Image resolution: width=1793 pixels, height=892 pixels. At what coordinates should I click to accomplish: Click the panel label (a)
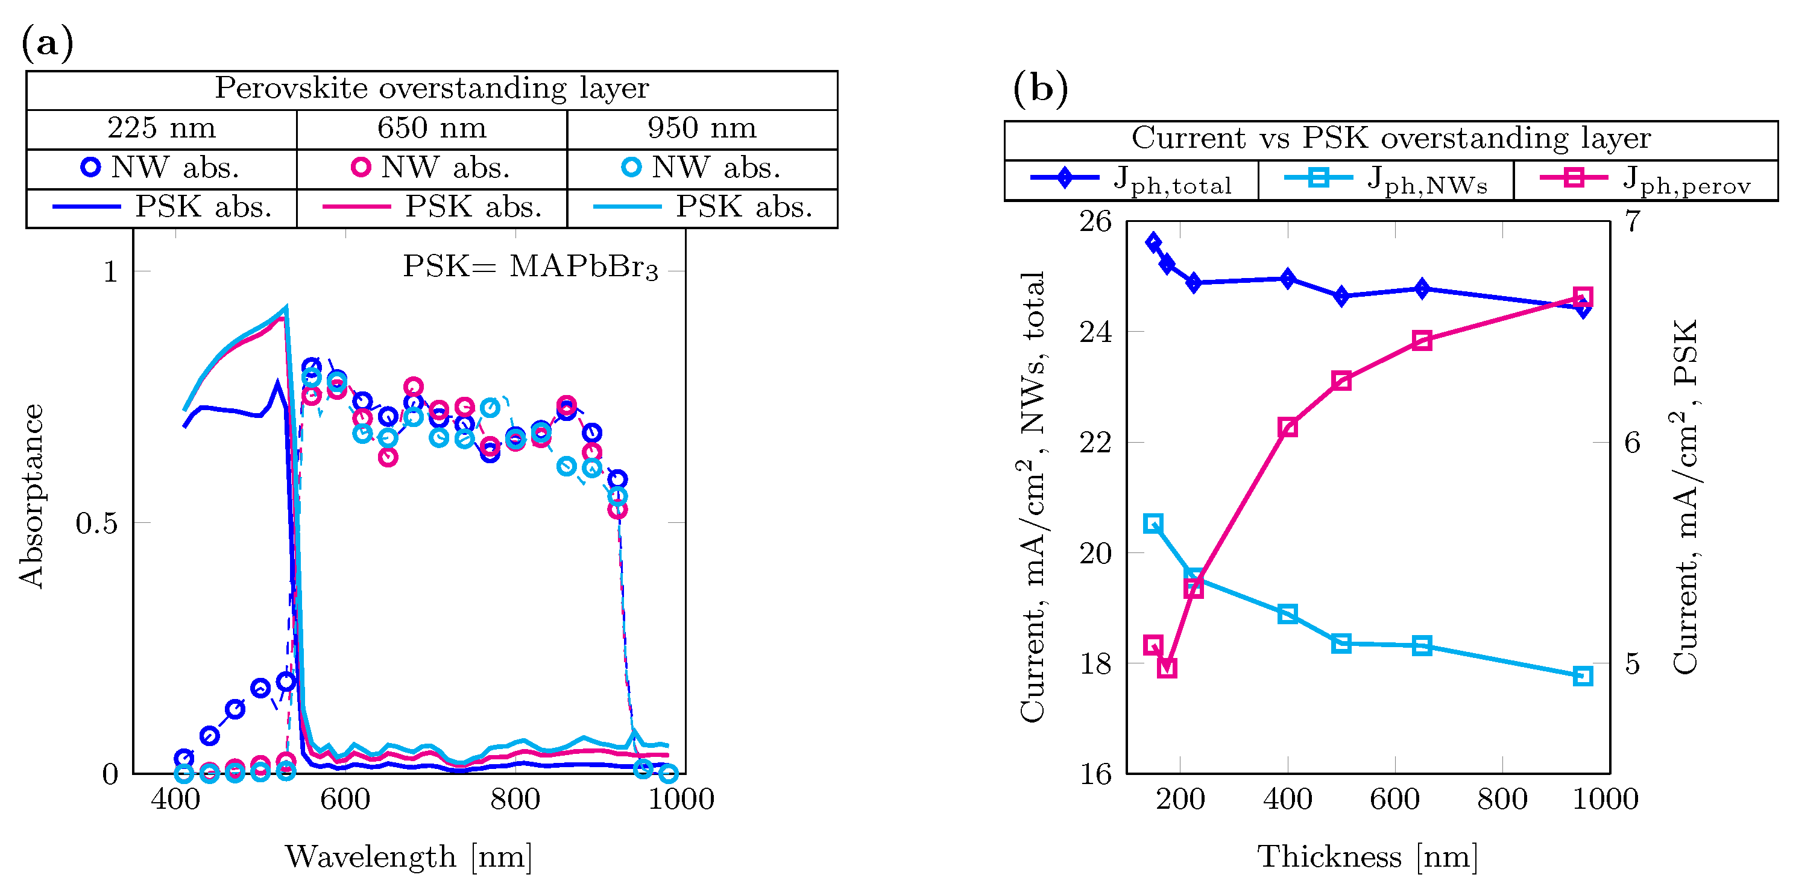click(x=48, y=43)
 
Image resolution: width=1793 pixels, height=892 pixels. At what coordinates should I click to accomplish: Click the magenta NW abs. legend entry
click(x=432, y=168)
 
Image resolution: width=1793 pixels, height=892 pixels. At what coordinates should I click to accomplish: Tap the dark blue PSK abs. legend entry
click(x=162, y=207)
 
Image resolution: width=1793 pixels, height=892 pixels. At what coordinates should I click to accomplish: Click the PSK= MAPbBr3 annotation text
click(x=531, y=267)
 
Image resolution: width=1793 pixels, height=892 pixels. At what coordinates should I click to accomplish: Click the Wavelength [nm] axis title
click(x=409, y=856)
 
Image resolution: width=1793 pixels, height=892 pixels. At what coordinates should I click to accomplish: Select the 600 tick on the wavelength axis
click(x=345, y=799)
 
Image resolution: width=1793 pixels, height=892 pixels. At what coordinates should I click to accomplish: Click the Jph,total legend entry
click(x=1131, y=180)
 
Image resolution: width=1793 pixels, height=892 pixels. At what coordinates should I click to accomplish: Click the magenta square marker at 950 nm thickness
click(x=1583, y=297)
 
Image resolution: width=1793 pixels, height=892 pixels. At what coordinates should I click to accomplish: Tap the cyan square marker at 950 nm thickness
click(x=1583, y=675)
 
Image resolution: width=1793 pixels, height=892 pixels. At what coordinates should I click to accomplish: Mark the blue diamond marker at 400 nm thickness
click(x=1288, y=279)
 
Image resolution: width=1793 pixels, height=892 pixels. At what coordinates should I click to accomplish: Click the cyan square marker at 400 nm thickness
click(x=1288, y=613)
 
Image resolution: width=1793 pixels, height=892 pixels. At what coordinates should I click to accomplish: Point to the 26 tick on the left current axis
click(x=1095, y=222)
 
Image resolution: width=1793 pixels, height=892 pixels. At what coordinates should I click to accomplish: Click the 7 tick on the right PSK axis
click(x=1633, y=222)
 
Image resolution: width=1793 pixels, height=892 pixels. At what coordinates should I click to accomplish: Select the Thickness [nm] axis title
click(x=1368, y=856)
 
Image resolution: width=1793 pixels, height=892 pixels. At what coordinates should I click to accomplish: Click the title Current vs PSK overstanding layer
click(x=1391, y=139)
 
